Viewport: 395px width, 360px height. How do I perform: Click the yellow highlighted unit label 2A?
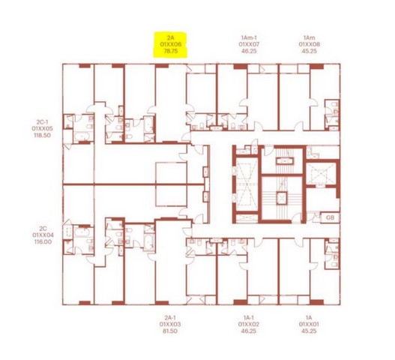pyautogui.click(x=171, y=38)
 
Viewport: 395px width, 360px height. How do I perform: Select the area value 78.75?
pyautogui.click(x=171, y=51)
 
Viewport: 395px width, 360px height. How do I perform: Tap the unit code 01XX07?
pyautogui.click(x=249, y=44)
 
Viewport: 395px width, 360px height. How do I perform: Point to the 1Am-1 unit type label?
pyautogui.click(x=249, y=37)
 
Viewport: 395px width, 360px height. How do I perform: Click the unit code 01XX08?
pyautogui.click(x=310, y=44)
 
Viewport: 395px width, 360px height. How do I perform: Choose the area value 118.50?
pyautogui.click(x=42, y=135)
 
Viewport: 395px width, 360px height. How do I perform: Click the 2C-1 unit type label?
pyautogui.click(x=42, y=122)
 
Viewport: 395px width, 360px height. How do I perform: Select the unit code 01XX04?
pyautogui.click(x=43, y=235)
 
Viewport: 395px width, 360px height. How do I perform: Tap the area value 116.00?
pyautogui.click(x=43, y=241)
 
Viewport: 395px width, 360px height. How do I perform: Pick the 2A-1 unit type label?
pyautogui.click(x=170, y=317)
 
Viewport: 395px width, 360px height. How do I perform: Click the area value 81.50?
pyautogui.click(x=170, y=331)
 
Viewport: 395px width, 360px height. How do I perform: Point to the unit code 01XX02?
pyautogui.click(x=249, y=324)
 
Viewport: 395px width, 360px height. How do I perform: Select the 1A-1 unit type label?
pyautogui.click(x=249, y=317)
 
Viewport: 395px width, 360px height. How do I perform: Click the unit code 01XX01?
pyautogui.click(x=309, y=324)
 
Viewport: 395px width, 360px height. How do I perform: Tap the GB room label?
pyautogui.click(x=330, y=217)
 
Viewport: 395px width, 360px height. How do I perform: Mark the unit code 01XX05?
pyautogui.click(x=42, y=128)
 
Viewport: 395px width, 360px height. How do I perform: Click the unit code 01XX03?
pyautogui.click(x=170, y=324)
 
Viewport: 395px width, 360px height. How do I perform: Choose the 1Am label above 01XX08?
pyautogui.click(x=310, y=37)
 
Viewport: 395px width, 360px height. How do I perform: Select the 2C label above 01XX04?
pyautogui.click(x=43, y=229)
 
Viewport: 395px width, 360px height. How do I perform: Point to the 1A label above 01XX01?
pyautogui.click(x=309, y=317)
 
